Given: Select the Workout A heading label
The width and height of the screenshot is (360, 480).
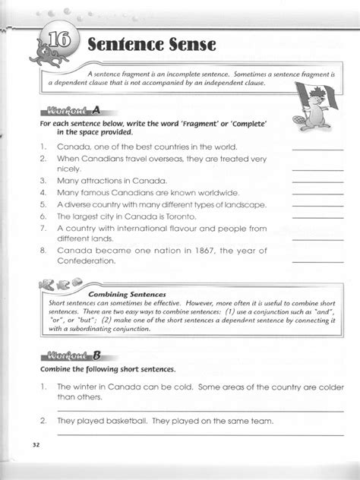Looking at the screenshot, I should (x=73, y=109).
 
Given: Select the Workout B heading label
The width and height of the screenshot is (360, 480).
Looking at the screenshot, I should (x=73, y=355).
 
